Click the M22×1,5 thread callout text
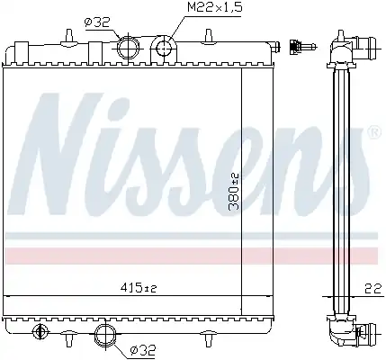point(214,7)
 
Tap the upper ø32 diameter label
point(97,22)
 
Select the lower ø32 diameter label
point(143,349)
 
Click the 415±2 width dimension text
point(139,288)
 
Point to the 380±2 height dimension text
point(234,191)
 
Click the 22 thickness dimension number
point(373,289)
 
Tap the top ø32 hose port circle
point(128,49)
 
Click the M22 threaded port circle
point(164,48)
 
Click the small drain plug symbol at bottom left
point(39,332)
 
